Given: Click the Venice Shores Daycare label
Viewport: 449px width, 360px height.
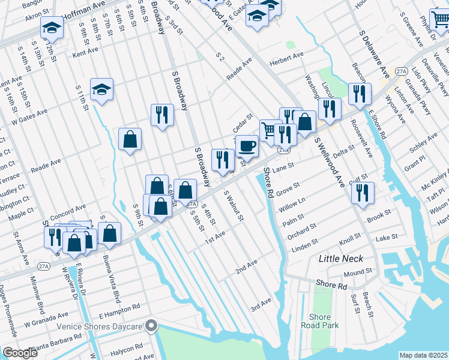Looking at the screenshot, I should coord(100,326).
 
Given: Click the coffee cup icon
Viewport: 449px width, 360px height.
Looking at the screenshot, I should coord(247,145).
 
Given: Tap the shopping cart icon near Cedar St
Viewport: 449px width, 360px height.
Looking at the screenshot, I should coord(270,129).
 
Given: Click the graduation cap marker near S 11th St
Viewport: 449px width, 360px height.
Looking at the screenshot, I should coord(101,90).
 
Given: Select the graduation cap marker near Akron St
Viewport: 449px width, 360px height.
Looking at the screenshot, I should coord(52,28).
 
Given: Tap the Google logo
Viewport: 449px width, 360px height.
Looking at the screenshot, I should coord(20,352).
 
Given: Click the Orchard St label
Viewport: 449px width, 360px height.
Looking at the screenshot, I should coord(302,231).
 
